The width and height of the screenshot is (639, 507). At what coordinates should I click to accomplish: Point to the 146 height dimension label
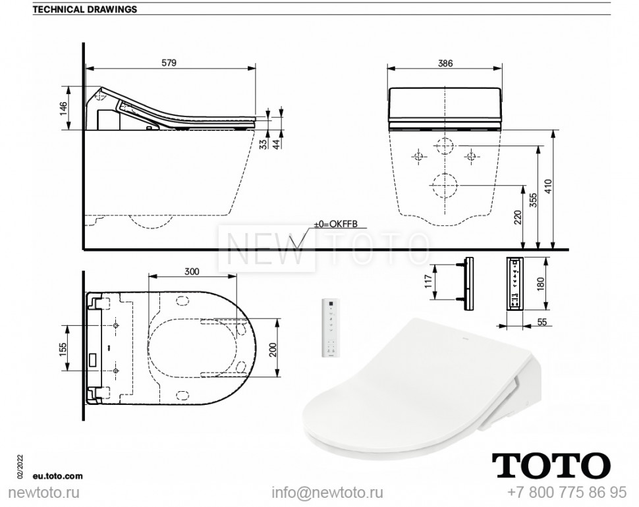(64, 108)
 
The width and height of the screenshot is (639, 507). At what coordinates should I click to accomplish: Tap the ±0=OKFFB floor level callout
(335, 225)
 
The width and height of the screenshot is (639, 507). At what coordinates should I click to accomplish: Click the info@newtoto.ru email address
(327, 493)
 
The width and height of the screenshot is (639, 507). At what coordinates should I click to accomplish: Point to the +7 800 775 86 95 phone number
(567, 493)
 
